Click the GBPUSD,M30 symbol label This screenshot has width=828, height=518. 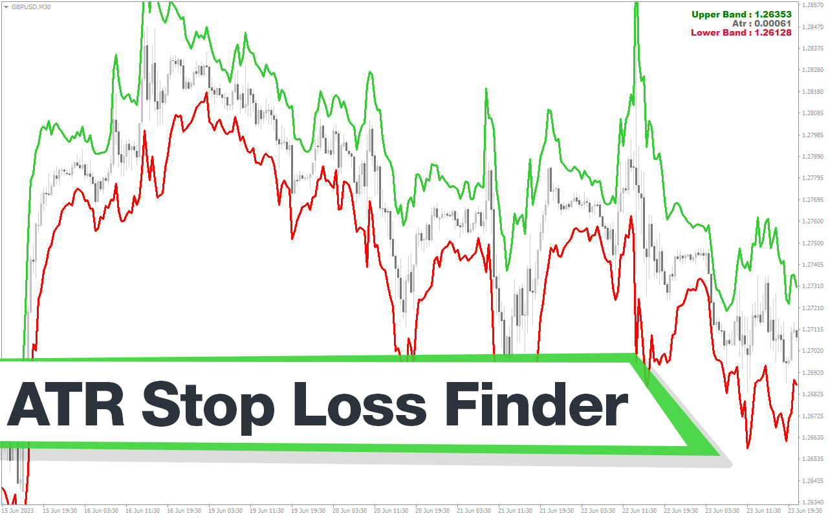pos(31,6)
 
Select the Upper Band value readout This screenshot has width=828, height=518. pos(741,14)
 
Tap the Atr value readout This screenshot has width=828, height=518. pos(762,24)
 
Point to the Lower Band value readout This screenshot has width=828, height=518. pos(741,32)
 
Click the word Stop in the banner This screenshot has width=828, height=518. pos(208,408)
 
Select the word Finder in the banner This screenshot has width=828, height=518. pos(537,405)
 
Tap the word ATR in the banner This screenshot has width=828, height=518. pos(66,405)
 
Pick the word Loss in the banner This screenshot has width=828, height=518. pos(360,405)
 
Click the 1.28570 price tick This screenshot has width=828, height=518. pos(812,5)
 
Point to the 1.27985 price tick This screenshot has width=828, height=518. pos(812,135)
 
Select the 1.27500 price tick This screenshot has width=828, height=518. pos(812,243)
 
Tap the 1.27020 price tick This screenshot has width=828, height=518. pos(812,350)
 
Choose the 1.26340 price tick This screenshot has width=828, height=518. pos(812,502)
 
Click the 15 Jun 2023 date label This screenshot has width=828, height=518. pos(17,511)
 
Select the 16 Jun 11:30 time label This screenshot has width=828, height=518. pos(143,511)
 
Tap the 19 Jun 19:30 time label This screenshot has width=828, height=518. pos(309,511)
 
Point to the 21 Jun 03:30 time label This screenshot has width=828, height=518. pos(474,511)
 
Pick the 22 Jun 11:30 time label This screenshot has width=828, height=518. pos(640,511)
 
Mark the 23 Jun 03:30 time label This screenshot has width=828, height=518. pos(723,511)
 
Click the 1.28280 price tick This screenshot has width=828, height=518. pos(812,70)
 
